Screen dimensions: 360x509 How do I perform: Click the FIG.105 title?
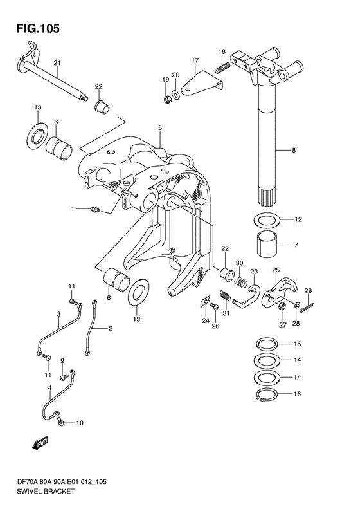(x=39, y=28)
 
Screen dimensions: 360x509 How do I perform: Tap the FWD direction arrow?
(x=40, y=443)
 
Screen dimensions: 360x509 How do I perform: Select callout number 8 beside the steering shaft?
(x=294, y=150)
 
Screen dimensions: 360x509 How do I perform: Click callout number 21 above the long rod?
(x=57, y=63)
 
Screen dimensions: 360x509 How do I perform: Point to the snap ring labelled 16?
(x=266, y=393)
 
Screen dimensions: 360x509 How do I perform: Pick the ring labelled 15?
(x=266, y=344)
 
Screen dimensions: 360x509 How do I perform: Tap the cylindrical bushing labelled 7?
(x=268, y=245)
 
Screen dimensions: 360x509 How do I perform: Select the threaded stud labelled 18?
(x=222, y=68)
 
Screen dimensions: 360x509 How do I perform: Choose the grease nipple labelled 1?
(x=95, y=210)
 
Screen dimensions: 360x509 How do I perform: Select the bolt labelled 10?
(x=61, y=421)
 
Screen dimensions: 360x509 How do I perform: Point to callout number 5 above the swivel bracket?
(x=160, y=128)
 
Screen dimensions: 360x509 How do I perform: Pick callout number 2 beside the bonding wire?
(x=111, y=329)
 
